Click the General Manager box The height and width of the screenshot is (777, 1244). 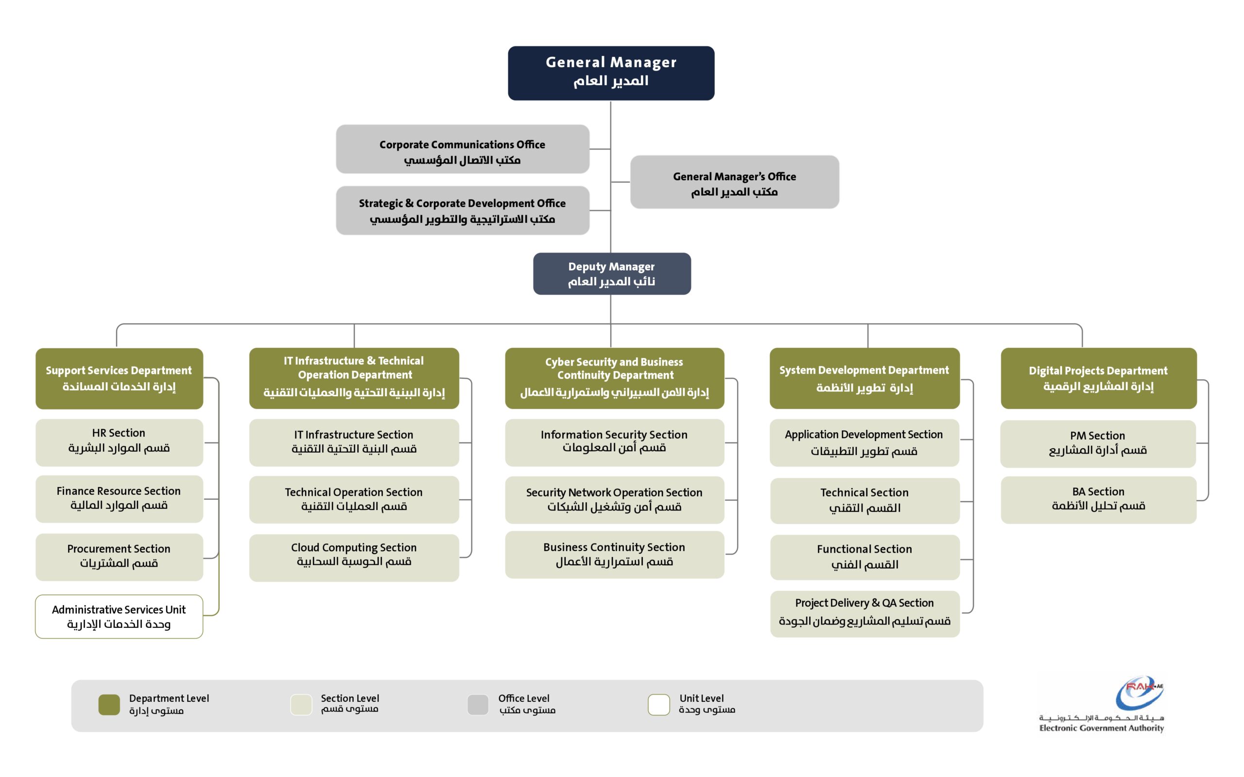tap(611, 73)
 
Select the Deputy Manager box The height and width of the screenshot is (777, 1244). tap(612, 273)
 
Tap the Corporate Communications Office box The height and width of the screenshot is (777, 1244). tap(462, 149)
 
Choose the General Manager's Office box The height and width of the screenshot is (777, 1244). tap(734, 182)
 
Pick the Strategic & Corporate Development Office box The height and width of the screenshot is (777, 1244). tap(462, 211)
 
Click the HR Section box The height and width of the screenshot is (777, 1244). tap(119, 442)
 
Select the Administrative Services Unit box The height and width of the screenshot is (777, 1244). tap(119, 617)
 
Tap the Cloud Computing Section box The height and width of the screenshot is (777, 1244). tap(354, 557)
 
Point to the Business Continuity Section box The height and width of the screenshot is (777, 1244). tap(614, 555)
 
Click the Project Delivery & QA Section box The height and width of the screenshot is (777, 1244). tap(864, 613)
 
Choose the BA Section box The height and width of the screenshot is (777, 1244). tap(1098, 500)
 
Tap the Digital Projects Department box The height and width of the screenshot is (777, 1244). tap(1098, 378)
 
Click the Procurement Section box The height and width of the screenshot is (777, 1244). tap(119, 557)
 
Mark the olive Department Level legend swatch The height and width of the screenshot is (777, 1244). tap(109, 705)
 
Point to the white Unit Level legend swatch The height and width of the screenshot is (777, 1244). tap(658, 705)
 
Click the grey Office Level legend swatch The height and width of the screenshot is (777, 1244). tap(478, 705)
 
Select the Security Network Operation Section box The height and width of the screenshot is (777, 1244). tap(614, 500)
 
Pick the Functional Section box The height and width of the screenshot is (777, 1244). tap(864, 557)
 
